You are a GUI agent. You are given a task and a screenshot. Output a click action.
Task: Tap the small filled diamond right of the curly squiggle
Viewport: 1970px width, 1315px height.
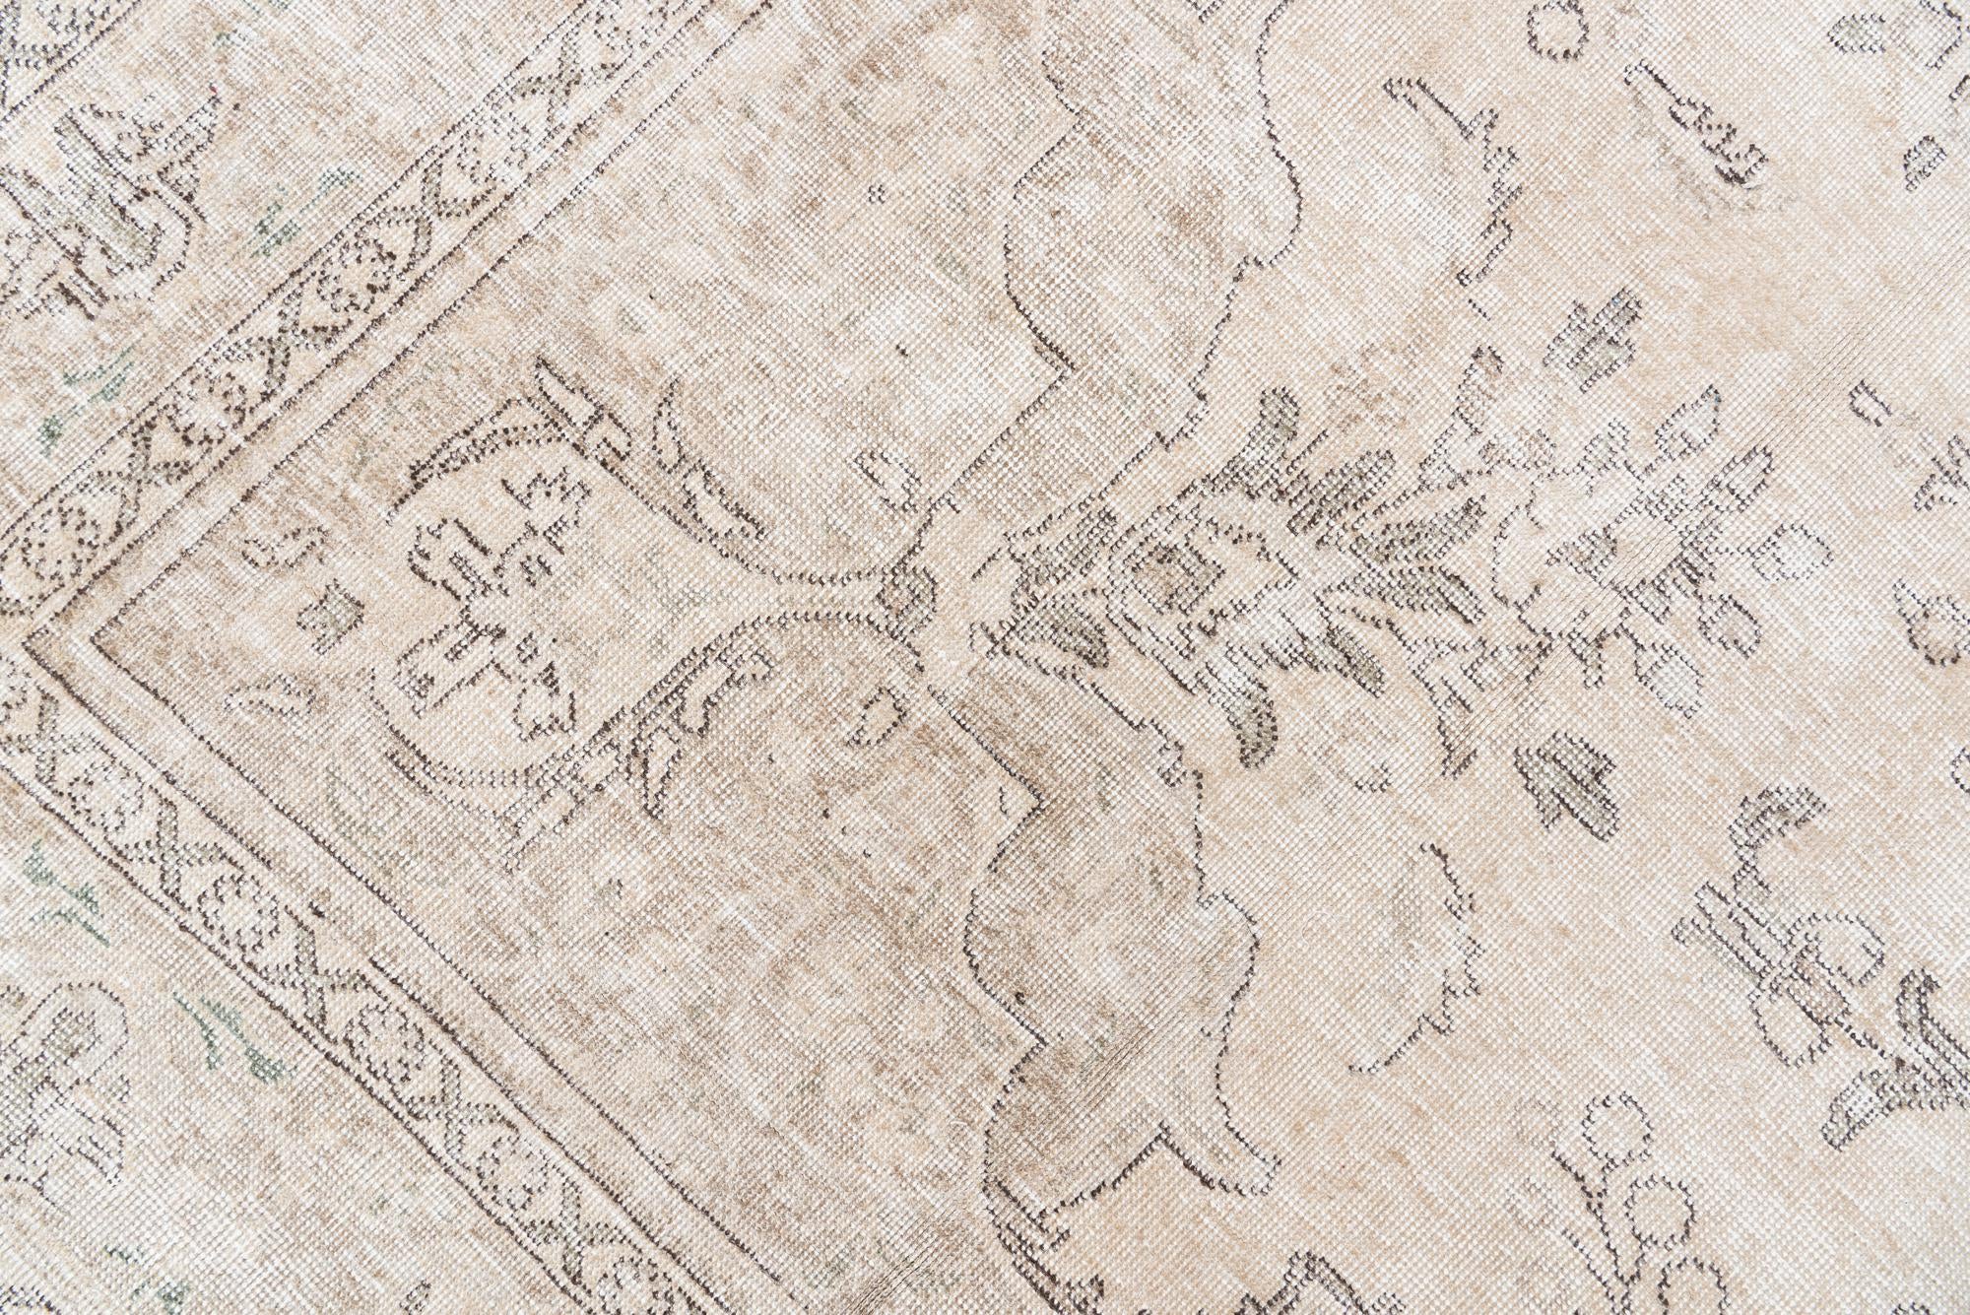tap(1925, 158)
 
